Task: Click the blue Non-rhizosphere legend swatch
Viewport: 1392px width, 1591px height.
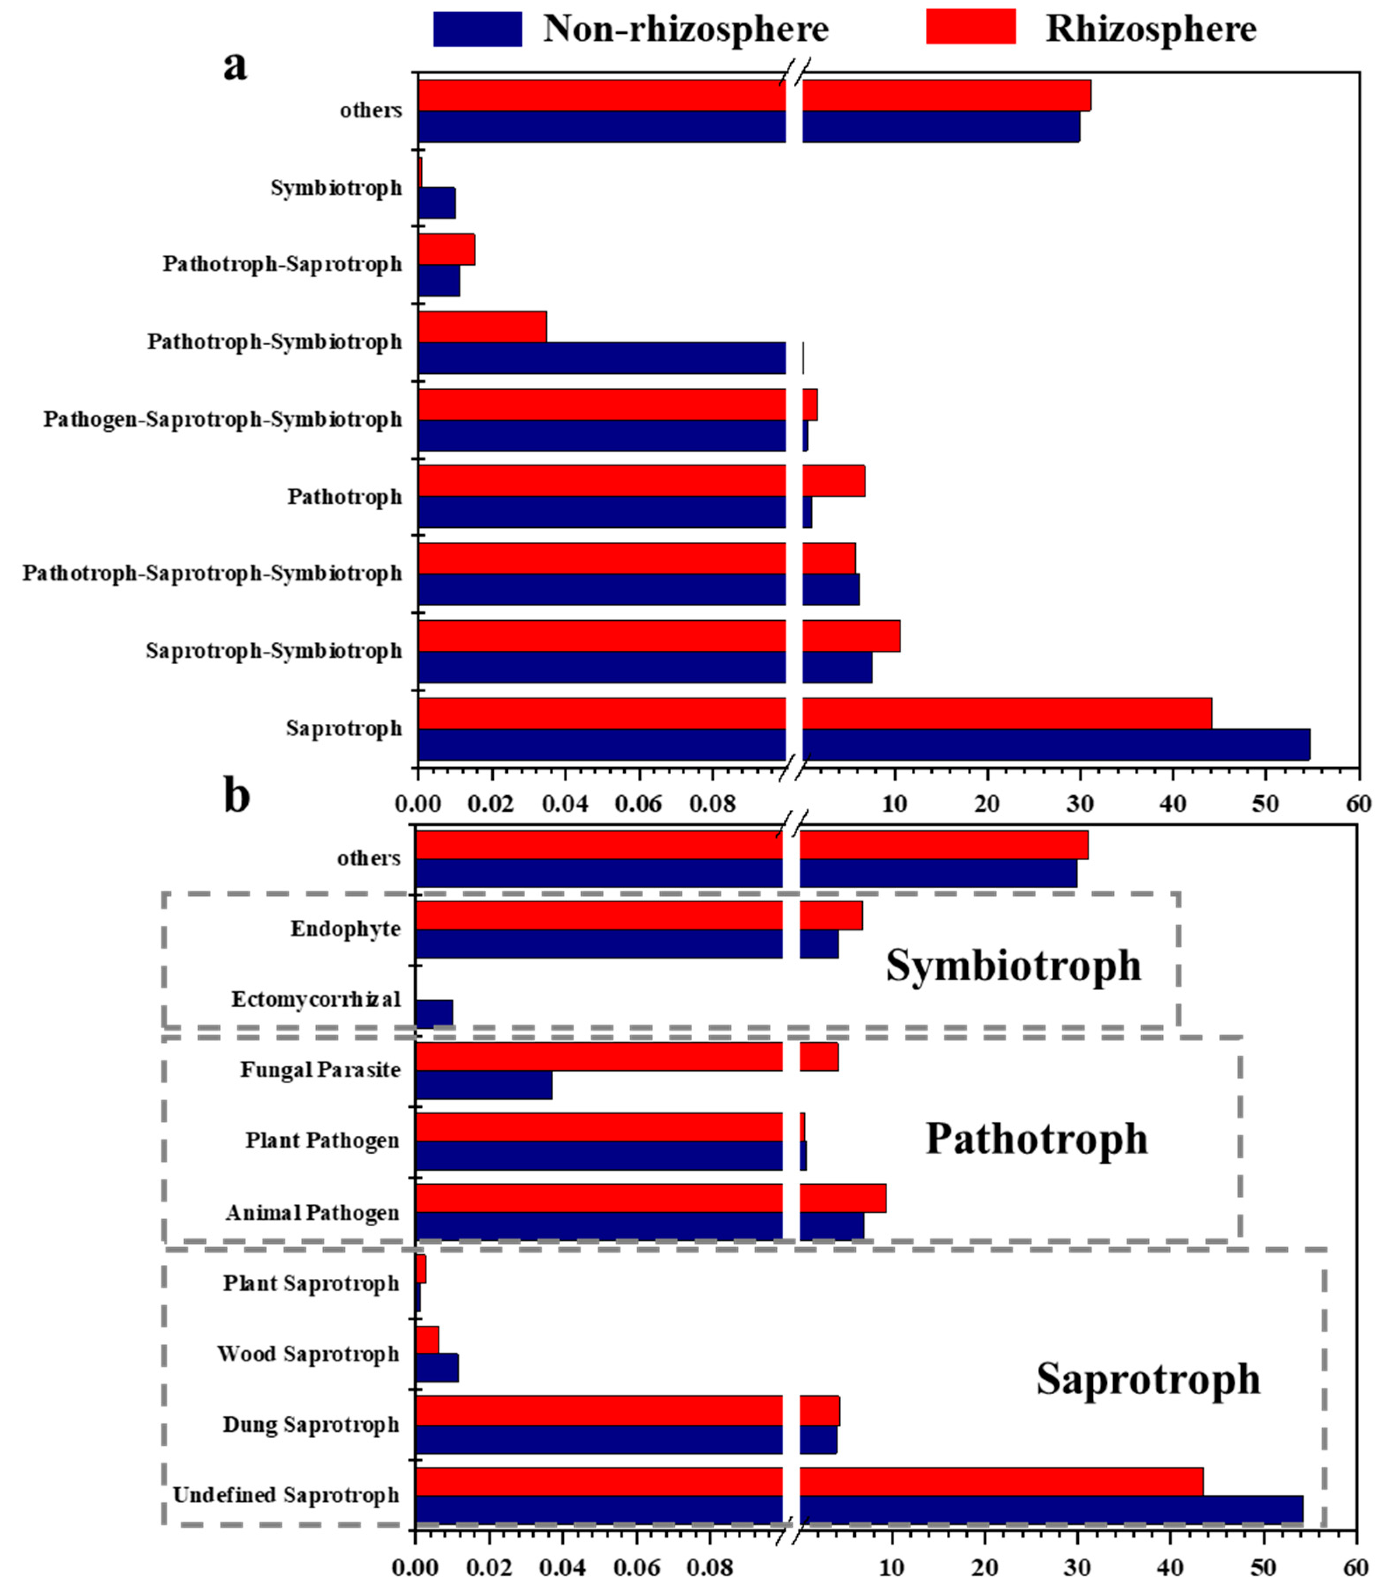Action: tap(477, 29)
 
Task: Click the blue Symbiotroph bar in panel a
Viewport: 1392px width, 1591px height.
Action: tap(436, 203)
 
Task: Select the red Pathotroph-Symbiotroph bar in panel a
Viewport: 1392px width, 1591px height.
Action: tap(481, 326)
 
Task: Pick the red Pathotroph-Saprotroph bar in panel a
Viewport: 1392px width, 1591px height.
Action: tap(446, 249)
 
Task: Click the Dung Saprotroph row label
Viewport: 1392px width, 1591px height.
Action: tap(310, 1425)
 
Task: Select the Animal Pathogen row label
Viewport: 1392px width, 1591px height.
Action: tap(312, 1213)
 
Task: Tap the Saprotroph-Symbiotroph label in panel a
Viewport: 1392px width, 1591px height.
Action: tap(273, 651)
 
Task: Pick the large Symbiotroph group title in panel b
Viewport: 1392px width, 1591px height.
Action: tap(1014, 966)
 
